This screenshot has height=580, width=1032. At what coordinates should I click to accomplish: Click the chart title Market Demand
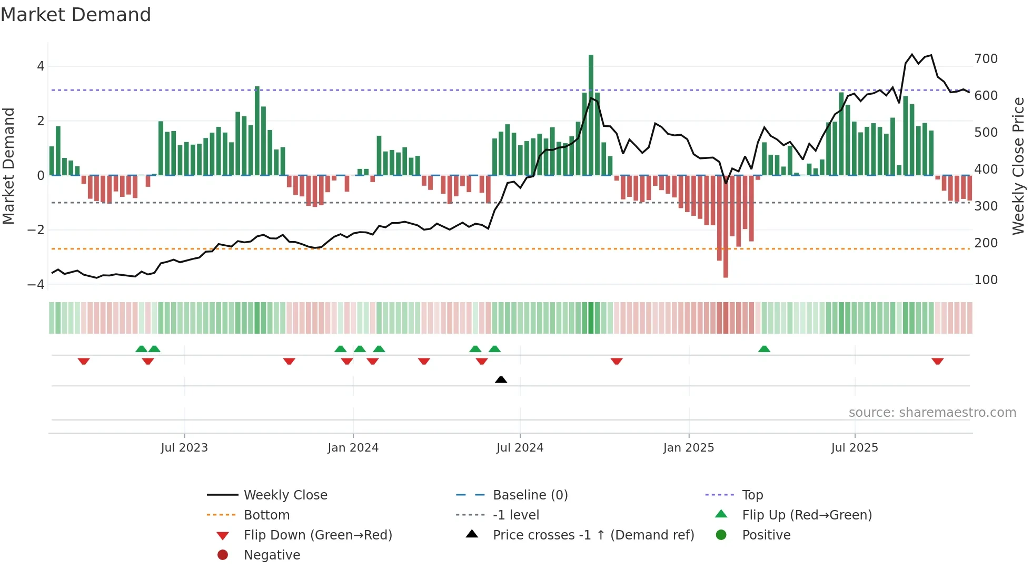pos(76,15)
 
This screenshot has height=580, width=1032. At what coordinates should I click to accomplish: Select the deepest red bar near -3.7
pos(726,226)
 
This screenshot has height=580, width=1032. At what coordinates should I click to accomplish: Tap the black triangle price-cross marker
pos(501,379)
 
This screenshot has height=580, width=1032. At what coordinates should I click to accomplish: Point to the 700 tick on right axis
pos(986,59)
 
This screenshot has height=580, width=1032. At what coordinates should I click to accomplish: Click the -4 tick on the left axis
pos(36,284)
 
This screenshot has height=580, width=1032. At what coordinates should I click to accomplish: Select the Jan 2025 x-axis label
pos(688,448)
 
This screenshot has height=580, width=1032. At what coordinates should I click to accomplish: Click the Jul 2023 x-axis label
pos(184,448)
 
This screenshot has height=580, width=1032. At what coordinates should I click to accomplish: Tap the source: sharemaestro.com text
pos(932,413)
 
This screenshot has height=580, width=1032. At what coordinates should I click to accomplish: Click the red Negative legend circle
pos(223,555)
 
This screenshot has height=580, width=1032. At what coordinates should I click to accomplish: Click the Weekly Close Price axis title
pos(1018,166)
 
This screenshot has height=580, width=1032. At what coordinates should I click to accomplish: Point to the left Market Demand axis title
pos(9,166)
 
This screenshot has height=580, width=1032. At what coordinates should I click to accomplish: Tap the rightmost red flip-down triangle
pos(937,362)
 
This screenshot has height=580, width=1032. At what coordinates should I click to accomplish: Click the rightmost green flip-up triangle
pos(764,349)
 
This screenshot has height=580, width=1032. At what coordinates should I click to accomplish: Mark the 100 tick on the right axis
pos(986,280)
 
